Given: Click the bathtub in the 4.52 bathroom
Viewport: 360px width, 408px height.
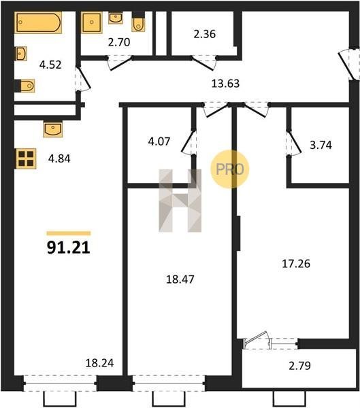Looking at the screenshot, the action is click(x=38, y=22).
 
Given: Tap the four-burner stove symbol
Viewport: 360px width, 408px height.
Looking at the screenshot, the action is click(x=26, y=158).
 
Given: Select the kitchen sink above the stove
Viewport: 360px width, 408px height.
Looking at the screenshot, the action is click(x=53, y=129).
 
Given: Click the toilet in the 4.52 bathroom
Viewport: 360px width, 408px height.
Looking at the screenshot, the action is click(x=27, y=86).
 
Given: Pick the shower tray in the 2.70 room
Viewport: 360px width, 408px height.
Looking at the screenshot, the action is click(x=91, y=22).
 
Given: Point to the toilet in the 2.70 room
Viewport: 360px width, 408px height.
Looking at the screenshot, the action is click(x=138, y=22).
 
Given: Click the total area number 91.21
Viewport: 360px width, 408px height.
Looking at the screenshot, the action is click(x=69, y=248).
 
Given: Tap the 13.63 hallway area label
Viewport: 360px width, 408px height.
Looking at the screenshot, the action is click(x=225, y=84).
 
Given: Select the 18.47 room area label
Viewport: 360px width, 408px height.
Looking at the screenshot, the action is click(x=180, y=279).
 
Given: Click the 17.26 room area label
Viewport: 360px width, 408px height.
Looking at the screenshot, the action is click(x=296, y=264).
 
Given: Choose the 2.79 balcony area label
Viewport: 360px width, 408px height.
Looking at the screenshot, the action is click(x=299, y=366).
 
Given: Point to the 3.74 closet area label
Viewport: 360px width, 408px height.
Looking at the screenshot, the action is click(x=321, y=146).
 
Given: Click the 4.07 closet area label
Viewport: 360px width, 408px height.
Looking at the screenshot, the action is click(x=159, y=142).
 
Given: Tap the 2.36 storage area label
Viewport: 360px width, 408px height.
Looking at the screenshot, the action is click(x=204, y=35).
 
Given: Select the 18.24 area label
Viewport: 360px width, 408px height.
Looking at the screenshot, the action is click(x=99, y=363).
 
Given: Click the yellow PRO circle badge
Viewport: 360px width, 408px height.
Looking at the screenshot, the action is click(x=230, y=169).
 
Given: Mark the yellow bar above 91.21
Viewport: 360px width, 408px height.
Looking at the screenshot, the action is click(x=69, y=233).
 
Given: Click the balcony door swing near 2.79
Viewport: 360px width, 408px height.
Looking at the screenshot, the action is click(x=257, y=340).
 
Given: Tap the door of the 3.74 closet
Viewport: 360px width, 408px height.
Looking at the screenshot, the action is click(x=294, y=143).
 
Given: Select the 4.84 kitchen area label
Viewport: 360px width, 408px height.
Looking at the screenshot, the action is click(x=59, y=158).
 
